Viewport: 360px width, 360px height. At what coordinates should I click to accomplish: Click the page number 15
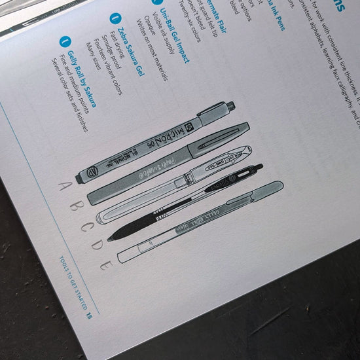87,314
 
